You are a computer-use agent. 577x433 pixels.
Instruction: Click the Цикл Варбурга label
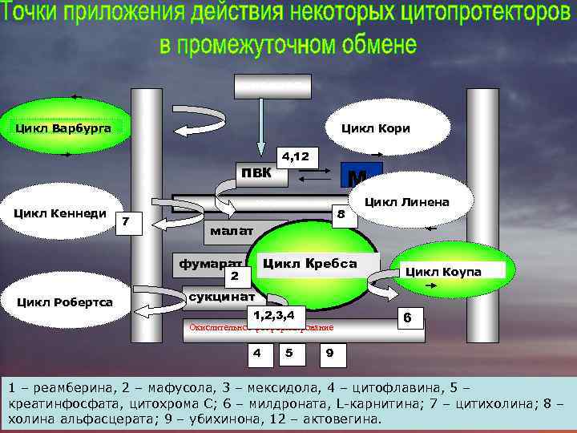coord(63,127)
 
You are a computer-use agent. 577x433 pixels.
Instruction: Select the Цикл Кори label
coord(375,128)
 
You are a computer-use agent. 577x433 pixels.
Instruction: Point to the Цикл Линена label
coord(406,201)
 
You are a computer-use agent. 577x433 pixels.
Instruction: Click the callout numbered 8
coord(341,215)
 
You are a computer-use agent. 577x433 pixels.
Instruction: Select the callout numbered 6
coord(407,318)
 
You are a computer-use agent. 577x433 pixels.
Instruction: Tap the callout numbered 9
coord(331,353)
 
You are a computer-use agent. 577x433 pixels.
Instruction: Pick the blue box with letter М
coord(360,176)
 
